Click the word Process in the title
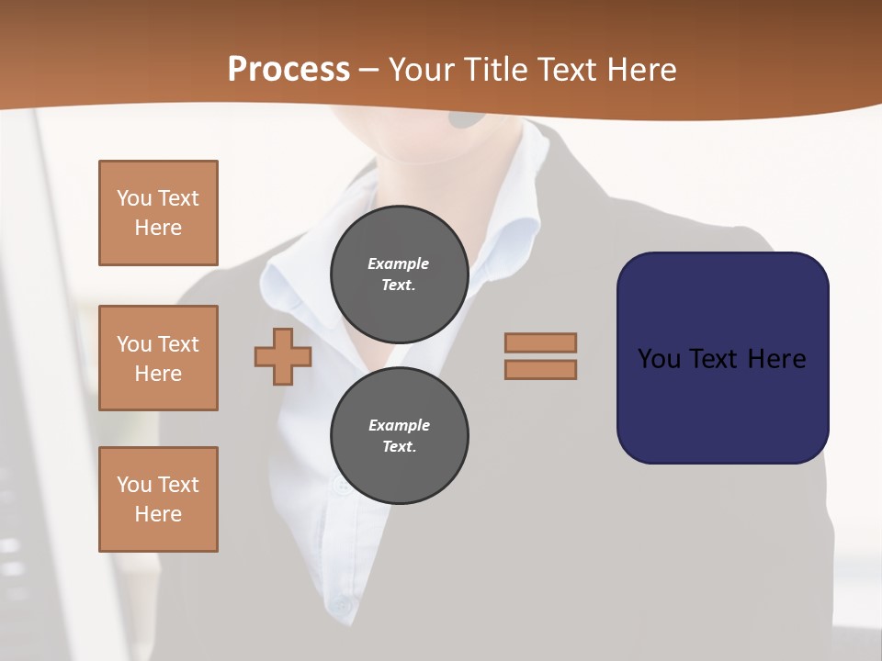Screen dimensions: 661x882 tap(288, 70)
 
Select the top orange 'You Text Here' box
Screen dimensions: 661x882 tap(158, 213)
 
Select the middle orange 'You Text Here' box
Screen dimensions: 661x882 tap(158, 358)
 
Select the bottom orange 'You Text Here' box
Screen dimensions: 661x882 tap(158, 499)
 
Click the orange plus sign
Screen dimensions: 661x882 tap(283, 356)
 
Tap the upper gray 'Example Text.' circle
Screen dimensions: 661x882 tap(400, 274)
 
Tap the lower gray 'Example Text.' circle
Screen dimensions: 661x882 tap(400, 436)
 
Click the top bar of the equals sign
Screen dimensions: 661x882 tap(540, 342)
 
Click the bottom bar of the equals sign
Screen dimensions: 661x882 tap(540, 369)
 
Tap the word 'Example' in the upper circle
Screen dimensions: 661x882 tap(399, 264)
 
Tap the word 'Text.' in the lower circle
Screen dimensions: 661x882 tap(399, 447)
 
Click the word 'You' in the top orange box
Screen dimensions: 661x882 tap(134, 198)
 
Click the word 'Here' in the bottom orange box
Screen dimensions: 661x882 tap(158, 514)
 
